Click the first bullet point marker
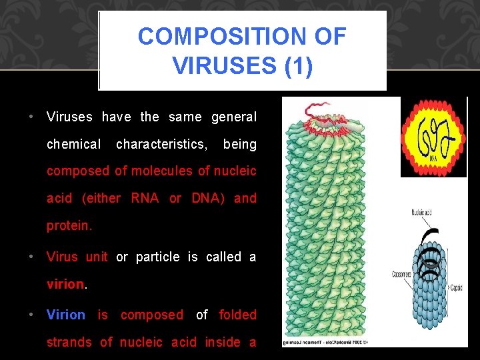tap(31, 117)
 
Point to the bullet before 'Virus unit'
tap(31, 257)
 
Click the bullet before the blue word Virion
tap(31, 315)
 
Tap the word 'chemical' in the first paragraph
tap(73, 144)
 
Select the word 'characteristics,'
tap(161, 144)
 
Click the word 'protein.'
tap(69, 225)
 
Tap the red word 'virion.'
tap(67, 284)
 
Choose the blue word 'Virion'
tap(65, 315)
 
